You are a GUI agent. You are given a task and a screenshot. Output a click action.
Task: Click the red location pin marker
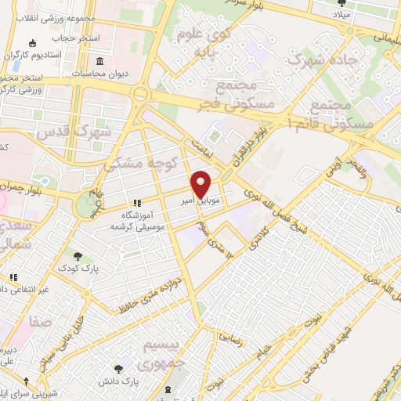click(x=201, y=183)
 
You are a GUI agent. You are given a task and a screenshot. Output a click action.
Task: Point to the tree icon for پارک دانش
click(x=118, y=368)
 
